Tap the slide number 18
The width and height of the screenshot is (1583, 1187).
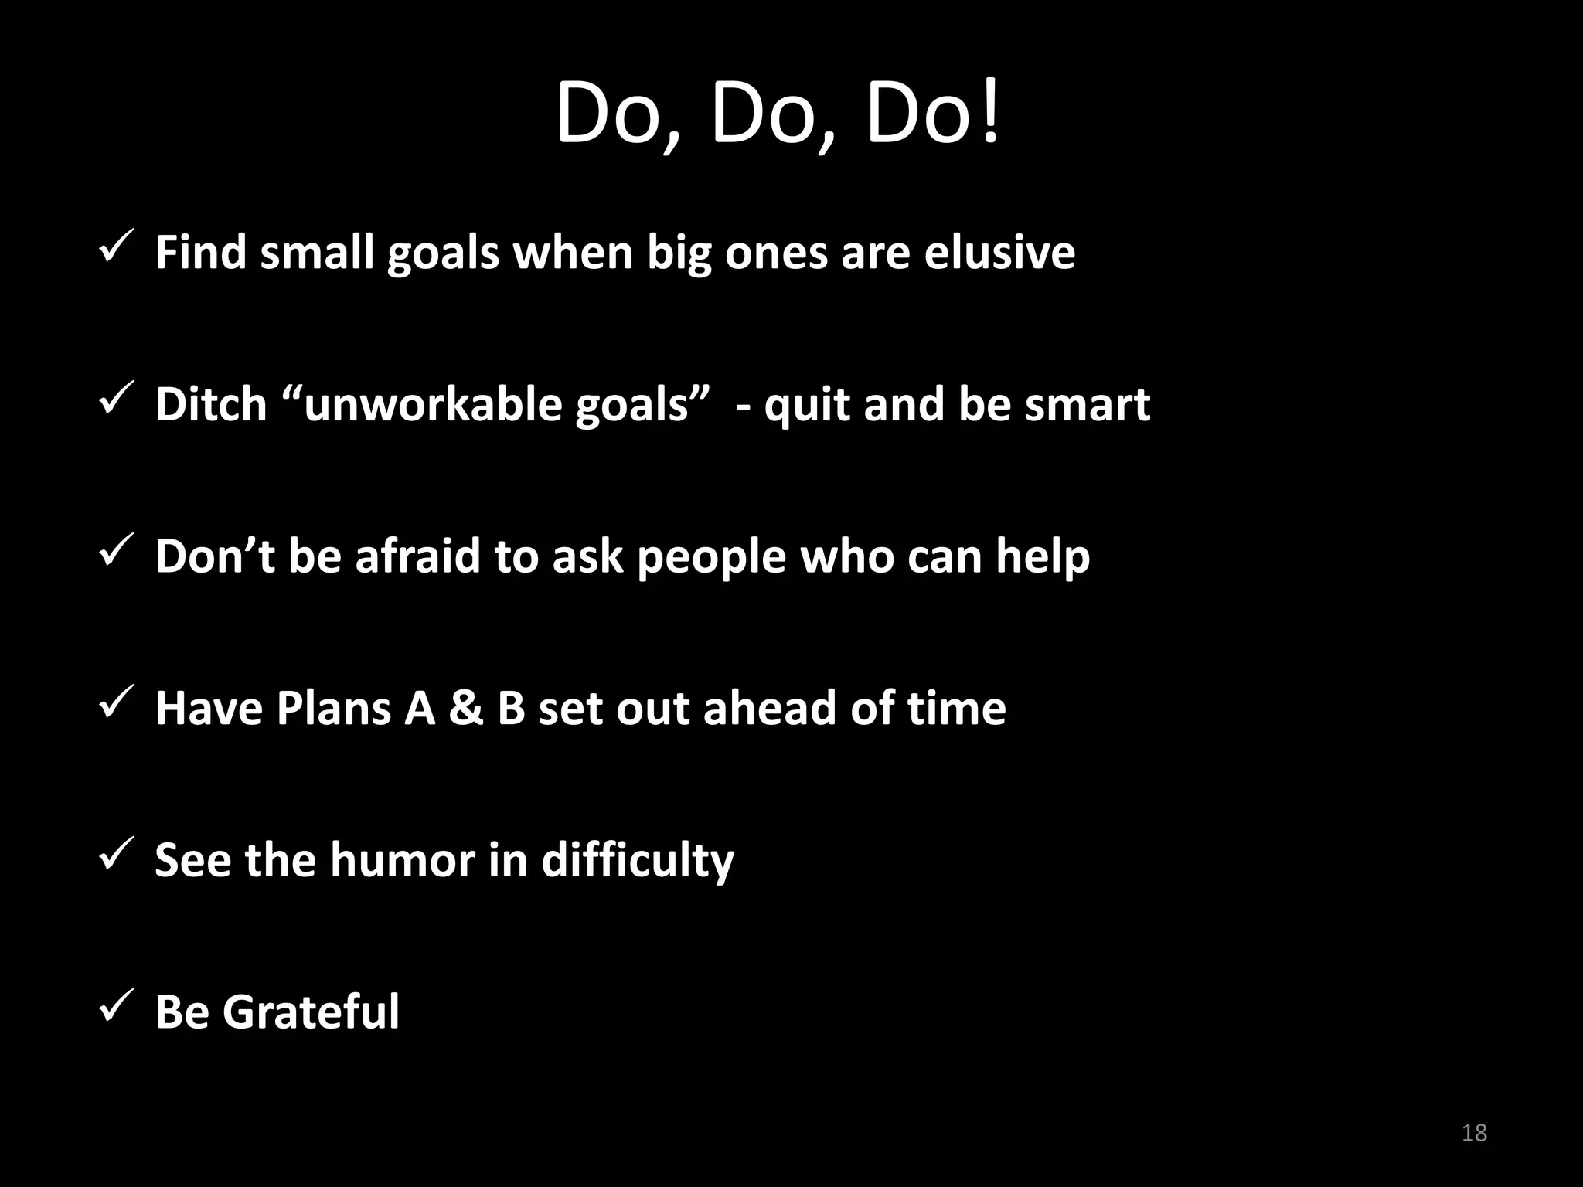pyautogui.click(x=1474, y=1133)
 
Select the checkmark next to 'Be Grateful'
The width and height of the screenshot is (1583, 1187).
pyautogui.click(x=118, y=1006)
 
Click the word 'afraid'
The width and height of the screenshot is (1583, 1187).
pyautogui.click(x=417, y=556)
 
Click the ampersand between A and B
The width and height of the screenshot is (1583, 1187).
pyautogui.click(x=465, y=708)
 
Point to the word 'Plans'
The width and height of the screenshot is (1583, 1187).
pyautogui.click(x=333, y=708)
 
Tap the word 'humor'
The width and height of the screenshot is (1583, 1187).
pyautogui.click(x=403, y=860)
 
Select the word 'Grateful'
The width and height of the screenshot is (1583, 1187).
pyautogui.click(x=311, y=1012)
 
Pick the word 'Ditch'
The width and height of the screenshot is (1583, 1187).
pyautogui.click(x=211, y=404)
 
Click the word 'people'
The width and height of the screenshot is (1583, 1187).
pyautogui.click(x=711, y=557)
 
